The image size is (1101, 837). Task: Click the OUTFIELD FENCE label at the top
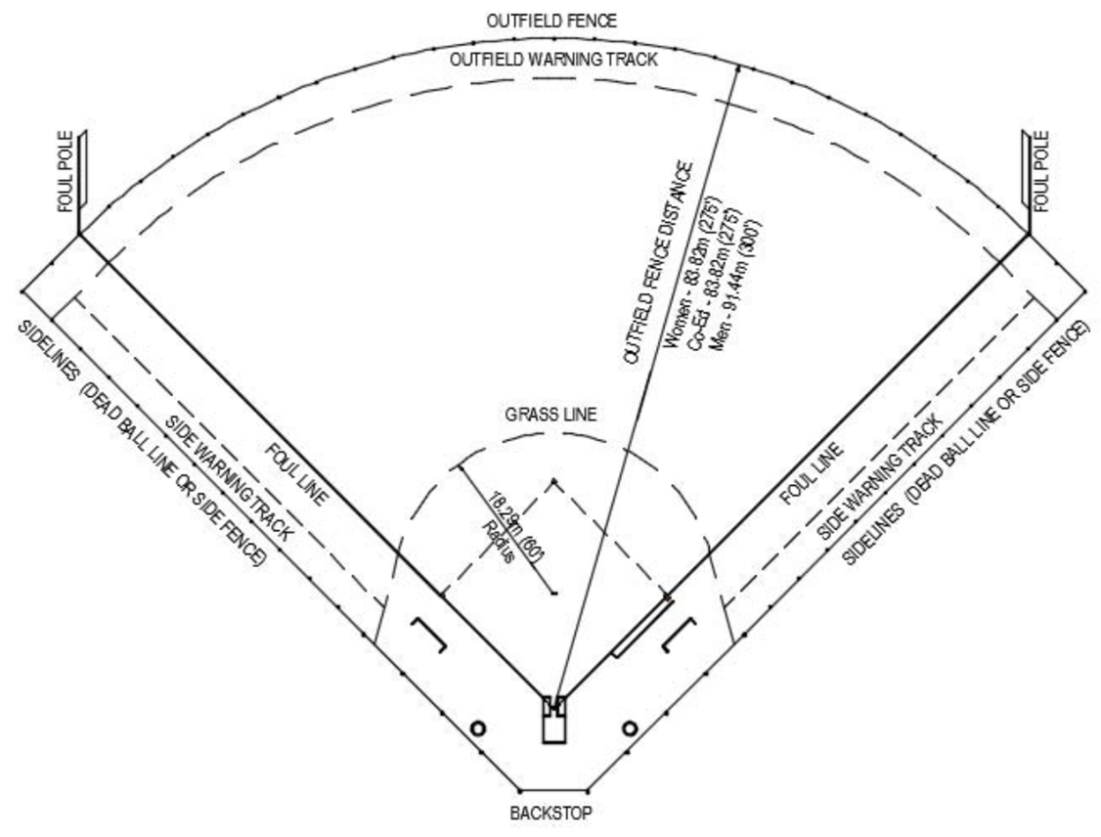pos(552,20)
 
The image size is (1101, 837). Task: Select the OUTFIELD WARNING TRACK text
pos(553,60)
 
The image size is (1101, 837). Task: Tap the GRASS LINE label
pos(550,415)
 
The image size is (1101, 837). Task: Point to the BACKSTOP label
pos(551,813)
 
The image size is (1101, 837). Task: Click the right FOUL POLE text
pos(1041,172)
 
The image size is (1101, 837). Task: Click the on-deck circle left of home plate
pos(477,728)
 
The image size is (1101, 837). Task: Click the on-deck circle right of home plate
pos(630,728)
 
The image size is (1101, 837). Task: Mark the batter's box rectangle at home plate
pos(554,720)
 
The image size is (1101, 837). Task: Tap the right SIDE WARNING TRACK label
pos(880,476)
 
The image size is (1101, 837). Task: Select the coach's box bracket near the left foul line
pos(430,636)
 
